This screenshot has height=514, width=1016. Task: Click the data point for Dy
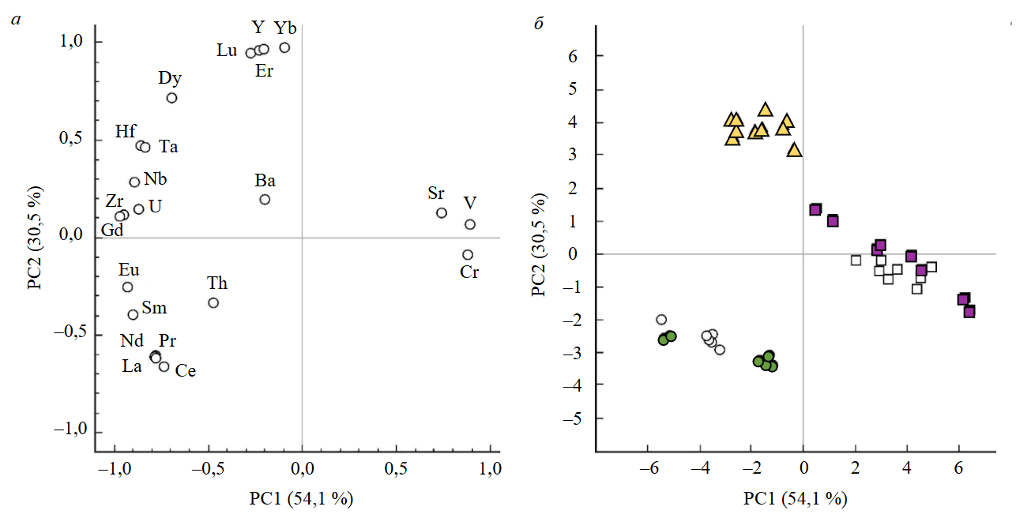click(x=171, y=98)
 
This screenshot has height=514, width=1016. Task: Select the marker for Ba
click(x=265, y=200)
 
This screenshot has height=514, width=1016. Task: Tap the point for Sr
click(x=442, y=213)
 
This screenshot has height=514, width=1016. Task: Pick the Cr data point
click(x=468, y=255)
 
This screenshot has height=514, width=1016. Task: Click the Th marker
click(x=213, y=303)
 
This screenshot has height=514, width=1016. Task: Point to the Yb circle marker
click(x=284, y=47)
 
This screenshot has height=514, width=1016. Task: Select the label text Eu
click(x=129, y=270)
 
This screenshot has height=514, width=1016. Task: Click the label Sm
click(x=155, y=308)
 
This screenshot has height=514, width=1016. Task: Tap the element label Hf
click(x=126, y=132)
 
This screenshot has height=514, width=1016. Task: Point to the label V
click(x=471, y=202)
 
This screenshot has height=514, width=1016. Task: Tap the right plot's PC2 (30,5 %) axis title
click(x=539, y=248)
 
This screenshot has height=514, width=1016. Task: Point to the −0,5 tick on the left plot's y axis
click(x=69, y=335)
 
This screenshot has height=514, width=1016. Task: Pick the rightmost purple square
click(x=969, y=312)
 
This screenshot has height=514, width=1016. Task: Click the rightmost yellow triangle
click(x=794, y=150)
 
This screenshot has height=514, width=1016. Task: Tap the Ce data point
click(x=164, y=367)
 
